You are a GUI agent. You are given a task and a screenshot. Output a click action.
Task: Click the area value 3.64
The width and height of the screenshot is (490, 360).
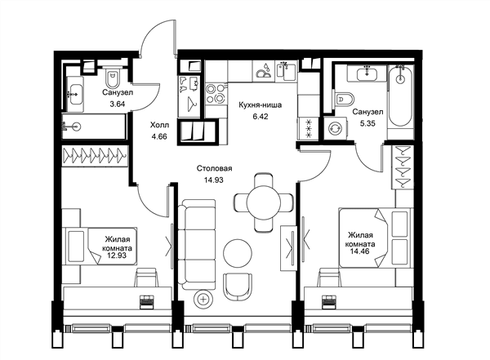(x=117, y=104)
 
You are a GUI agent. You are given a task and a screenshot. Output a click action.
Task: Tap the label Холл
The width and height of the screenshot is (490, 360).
(x=160, y=125)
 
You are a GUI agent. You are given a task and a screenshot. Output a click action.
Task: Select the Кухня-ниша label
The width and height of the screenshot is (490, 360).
(x=260, y=105)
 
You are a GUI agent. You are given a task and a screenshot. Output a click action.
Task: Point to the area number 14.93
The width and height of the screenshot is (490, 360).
(x=214, y=180)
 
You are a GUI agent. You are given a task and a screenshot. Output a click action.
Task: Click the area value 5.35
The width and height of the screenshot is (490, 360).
(x=367, y=123)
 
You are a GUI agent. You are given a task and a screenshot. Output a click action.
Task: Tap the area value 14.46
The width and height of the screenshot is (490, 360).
(x=357, y=251)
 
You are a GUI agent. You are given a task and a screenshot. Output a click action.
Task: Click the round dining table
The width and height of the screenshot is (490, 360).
(x=264, y=202)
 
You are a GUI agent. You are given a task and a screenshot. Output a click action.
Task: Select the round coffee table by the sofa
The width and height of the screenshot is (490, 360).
(x=238, y=253)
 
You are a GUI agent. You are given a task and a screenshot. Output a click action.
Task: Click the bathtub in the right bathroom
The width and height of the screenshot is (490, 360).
(x=400, y=96)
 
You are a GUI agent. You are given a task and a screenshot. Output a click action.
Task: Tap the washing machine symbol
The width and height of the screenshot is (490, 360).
(x=336, y=128)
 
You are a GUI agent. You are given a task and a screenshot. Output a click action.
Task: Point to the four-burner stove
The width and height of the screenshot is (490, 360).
(x=216, y=93)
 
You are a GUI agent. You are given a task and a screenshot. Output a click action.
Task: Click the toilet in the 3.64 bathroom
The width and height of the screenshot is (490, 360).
(x=112, y=78)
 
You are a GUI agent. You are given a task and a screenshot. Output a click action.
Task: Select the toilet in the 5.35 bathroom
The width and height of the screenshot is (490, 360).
(x=345, y=100)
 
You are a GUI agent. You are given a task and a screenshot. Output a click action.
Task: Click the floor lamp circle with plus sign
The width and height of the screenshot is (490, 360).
(x=203, y=300)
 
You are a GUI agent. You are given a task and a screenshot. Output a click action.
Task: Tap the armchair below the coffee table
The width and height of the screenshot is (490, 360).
(x=238, y=287)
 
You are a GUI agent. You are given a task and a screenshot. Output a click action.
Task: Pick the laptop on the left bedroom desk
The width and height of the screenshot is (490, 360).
(x=146, y=301)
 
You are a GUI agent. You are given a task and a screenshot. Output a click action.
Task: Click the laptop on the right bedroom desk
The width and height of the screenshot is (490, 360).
(x=329, y=301)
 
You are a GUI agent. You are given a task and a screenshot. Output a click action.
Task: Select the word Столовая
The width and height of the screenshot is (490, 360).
(x=214, y=168)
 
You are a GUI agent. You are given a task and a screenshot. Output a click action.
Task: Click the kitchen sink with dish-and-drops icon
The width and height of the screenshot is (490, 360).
(x=264, y=71)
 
